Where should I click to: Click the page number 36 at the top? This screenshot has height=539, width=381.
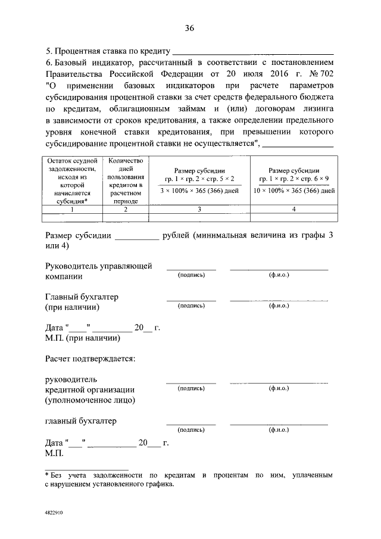190,28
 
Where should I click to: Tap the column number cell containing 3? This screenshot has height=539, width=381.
199,209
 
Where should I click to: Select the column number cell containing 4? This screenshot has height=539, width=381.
293,209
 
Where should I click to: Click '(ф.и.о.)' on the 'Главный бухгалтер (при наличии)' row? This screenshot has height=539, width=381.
279,306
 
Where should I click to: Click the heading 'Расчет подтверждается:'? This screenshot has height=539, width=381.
90,359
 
